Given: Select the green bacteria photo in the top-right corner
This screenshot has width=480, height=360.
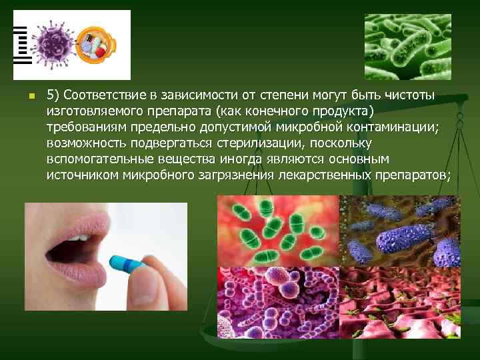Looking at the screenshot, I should click(412, 47).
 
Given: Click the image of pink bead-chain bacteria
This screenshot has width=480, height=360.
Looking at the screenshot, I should click(278, 303).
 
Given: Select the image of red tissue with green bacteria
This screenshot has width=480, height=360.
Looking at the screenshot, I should click(400, 303).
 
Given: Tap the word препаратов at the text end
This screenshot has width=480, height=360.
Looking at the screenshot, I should click(414, 175).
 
